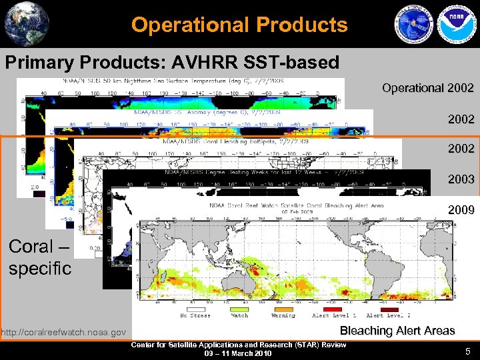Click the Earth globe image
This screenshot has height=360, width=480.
27,24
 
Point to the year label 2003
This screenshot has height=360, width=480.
462,179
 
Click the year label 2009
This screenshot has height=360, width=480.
462,210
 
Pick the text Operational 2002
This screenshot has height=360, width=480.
428,88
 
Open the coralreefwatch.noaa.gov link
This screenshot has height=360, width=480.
63,332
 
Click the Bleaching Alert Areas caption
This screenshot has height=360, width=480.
397,331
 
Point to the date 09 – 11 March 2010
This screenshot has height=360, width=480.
238,353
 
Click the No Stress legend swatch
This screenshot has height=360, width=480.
195,308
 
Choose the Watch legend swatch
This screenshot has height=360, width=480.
238,308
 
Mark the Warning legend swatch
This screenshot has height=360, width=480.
283,308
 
